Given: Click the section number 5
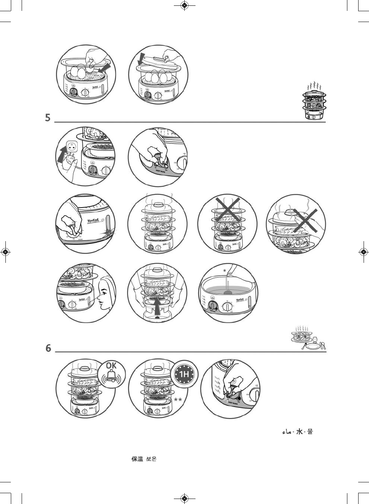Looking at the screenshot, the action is click(x=48, y=117).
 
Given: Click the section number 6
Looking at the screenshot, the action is click(x=48, y=348).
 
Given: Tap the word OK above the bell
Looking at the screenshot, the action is click(x=111, y=365).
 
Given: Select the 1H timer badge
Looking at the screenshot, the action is click(x=185, y=374).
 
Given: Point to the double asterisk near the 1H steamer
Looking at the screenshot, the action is click(x=178, y=400).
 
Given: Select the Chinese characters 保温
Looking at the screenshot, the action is click(x=137, y=459).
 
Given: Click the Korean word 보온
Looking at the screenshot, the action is click(x=151, y=459).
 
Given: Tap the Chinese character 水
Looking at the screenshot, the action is click(x=299, y=431).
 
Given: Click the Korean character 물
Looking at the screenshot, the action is click(x=310, y=431).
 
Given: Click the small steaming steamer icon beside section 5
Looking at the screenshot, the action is click(x=314, y=101).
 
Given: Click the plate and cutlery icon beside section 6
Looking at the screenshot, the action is click(x=308, y=339).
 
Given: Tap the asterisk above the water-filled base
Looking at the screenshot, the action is click(x=224, y=271).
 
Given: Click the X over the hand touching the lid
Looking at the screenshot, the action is click(x=304, y=221).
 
